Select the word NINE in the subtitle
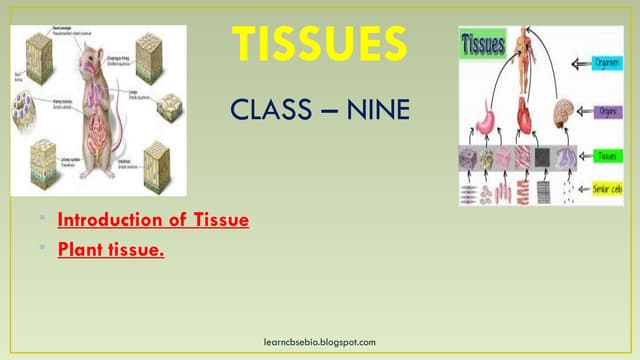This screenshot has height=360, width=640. pos(378,109)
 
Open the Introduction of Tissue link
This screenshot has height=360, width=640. pos(153,219)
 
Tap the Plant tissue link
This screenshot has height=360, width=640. pos(111,249)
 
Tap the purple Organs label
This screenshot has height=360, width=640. pos(606,111)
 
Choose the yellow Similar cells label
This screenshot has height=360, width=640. pos(604,187)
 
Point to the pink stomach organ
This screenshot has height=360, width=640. pos(487,116)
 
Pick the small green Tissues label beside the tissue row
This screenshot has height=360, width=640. pos(606,156)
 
